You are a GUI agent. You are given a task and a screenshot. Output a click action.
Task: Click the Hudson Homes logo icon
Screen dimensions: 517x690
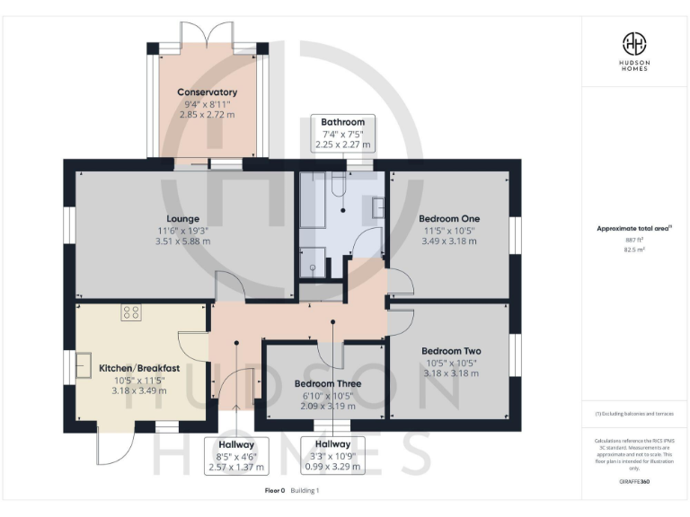[634, 43]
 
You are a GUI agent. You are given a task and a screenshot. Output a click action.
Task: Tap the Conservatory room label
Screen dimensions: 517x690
[207, 92]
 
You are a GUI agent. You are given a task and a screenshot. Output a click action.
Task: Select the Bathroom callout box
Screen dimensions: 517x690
[342, 133]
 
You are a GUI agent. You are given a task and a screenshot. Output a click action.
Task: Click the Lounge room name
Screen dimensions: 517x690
[182, 218]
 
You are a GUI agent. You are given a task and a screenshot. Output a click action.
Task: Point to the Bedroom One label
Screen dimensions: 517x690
[449, 218]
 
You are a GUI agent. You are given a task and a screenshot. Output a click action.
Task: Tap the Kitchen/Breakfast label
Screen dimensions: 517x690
[139, 368]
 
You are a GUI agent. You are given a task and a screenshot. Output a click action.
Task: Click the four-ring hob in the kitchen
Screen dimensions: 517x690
[131, 312]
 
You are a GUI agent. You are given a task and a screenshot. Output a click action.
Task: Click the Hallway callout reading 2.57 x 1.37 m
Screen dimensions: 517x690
[236, 455]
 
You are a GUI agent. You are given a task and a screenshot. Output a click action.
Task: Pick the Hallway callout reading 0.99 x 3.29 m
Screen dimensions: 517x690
[332, 455]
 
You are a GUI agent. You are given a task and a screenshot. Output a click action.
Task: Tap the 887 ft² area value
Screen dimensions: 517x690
[634, 241]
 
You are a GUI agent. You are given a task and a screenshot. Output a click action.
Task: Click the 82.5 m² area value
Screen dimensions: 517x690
[634, 250]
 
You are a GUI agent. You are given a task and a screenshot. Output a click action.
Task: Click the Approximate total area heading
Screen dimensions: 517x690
[632, 229]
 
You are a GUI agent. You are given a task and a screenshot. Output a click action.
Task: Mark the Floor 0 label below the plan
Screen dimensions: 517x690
[274, 491]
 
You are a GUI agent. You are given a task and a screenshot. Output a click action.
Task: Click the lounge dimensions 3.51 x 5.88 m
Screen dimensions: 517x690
[182, 241]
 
